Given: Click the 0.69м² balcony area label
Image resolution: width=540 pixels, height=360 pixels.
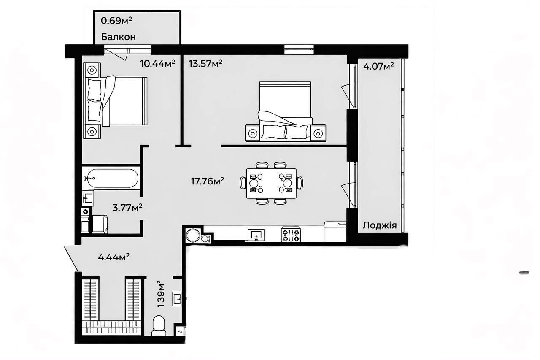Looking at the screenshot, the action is point(116,21).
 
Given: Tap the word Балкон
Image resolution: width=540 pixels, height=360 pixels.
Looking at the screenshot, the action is point(119,37).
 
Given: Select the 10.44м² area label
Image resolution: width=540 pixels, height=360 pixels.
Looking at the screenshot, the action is point(157,64).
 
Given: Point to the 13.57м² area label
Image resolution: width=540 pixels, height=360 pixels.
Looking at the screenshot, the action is point(205,64).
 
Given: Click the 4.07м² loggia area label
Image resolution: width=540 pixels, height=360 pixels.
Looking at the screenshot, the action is point(378,66).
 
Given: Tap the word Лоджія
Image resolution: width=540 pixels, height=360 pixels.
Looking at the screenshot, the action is point(380,225).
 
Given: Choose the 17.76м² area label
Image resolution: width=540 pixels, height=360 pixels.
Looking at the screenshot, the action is point(207,181).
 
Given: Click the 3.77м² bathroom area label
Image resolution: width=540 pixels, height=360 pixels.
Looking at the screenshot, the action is point(127,207).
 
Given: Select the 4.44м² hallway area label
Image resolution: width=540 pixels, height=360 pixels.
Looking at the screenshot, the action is point(113,257).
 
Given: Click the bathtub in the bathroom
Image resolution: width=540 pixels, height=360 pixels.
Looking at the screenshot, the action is point(111,178).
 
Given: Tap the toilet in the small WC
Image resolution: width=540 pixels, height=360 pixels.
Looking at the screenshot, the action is point(159,325).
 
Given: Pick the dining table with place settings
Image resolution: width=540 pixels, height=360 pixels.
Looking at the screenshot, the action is point(271,183).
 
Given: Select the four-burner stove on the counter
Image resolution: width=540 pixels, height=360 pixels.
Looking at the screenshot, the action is point(291,234).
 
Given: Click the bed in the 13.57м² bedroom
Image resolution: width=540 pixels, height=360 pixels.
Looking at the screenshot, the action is point(286,111).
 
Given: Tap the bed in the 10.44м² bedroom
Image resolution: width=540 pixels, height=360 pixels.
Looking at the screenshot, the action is point(115,101).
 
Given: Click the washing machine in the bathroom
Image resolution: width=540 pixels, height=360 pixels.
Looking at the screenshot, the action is point(100,224).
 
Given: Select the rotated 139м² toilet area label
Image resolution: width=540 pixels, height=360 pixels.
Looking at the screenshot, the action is point(161,294).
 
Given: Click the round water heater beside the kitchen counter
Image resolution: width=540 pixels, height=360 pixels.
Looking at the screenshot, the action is point(193,235).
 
